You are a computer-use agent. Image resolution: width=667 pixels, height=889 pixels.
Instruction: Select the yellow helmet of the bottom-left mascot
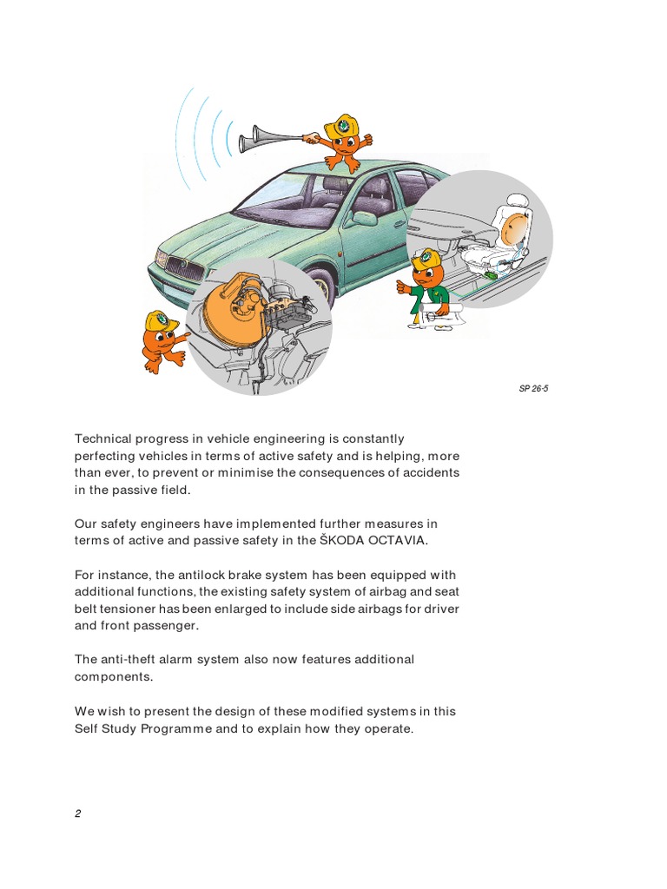coord(161,321)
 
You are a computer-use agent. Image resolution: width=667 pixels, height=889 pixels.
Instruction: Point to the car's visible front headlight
coord(162,258)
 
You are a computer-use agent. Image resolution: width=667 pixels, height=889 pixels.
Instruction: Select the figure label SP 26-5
coord(533,388)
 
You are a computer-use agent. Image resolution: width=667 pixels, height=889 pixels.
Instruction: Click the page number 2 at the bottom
coord(77,813)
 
